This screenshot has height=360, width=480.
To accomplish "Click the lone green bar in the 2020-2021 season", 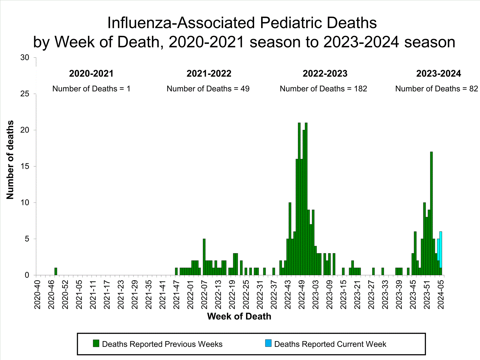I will tap(56, 271).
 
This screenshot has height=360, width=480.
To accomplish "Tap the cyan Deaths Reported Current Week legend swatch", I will tap(268, 343).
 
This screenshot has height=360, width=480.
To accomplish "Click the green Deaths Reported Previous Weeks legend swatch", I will tap(96, 343).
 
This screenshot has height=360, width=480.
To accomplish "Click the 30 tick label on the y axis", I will tap(25, 58).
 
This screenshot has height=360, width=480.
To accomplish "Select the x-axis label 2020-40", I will tap(37, 294).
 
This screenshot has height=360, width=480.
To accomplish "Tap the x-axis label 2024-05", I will tap(441, 294).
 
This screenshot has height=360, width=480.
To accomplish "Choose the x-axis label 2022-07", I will tap(204, 294).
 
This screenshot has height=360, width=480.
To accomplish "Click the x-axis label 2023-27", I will tap(371, 294).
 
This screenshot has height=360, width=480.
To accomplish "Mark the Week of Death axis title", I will tap(239, 316).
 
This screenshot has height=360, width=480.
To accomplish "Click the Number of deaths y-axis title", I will tap(10, 160).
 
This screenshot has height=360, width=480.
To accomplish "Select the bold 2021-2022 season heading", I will tap(209, 74).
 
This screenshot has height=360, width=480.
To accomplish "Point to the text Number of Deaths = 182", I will tap(323, 89).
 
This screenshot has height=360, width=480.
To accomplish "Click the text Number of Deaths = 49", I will tap(208, 89).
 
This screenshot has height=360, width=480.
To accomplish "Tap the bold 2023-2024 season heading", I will tap(438, 74).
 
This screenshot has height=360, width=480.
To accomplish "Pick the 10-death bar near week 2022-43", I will tap(290, 239).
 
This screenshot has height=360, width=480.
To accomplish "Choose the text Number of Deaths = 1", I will tap(92, 89).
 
